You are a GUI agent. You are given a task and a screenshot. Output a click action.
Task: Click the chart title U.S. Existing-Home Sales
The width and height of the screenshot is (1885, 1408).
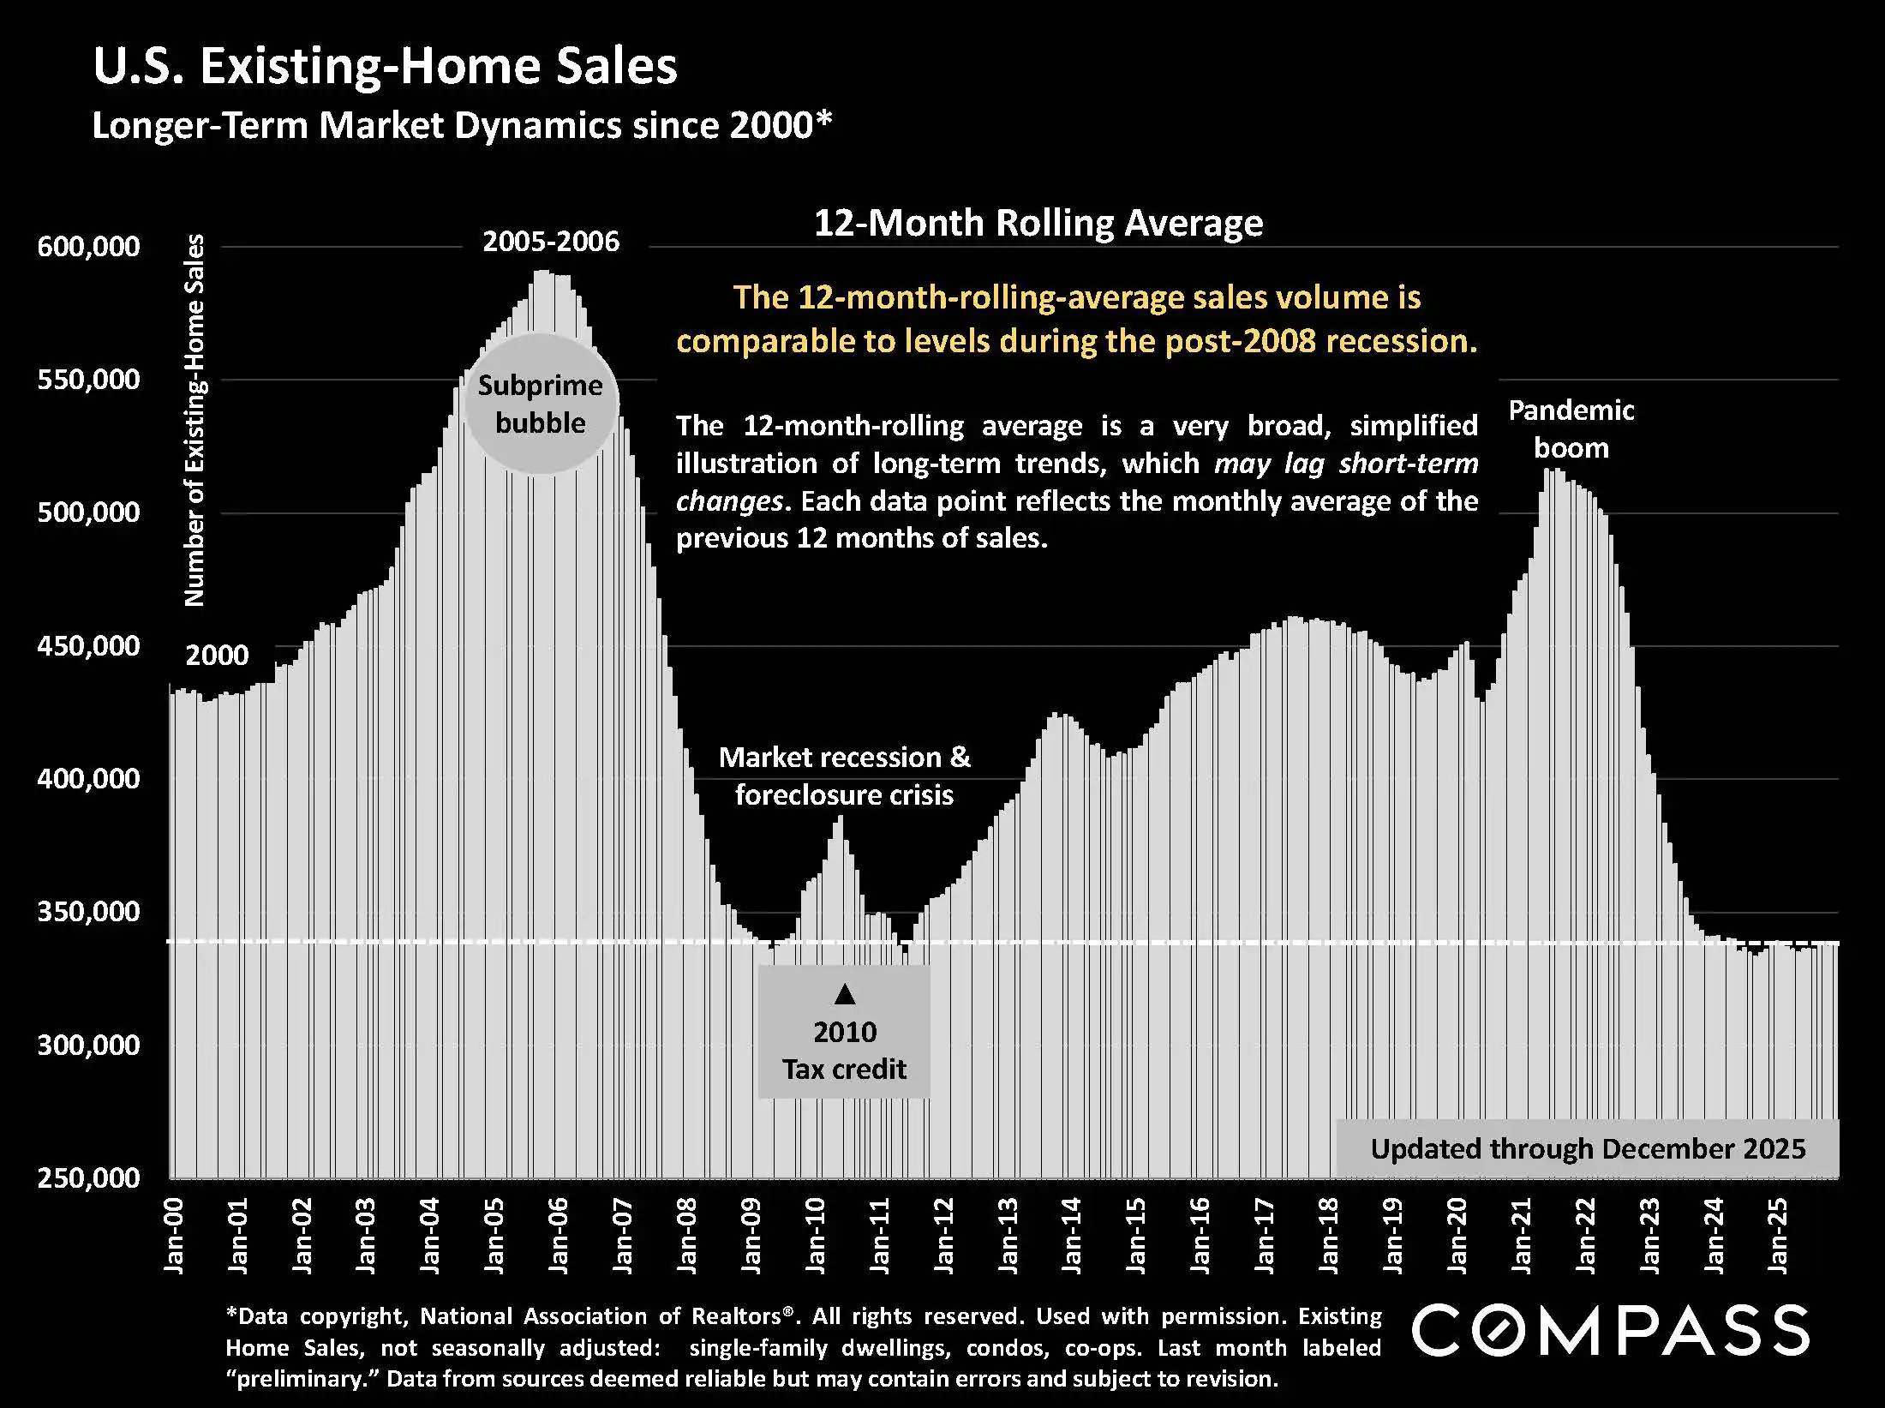(x=385, y=66)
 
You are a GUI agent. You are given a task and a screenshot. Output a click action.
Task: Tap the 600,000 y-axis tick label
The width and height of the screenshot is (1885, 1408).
(x=88, y=247)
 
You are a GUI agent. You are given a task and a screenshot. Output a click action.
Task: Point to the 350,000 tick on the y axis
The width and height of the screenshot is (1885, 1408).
(x=88, y=912)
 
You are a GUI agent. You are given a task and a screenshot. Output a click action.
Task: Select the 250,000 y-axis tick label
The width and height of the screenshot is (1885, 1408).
(x=88, y=1177)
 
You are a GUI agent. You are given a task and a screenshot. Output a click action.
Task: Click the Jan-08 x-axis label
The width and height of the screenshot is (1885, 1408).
(x=686, y=1235)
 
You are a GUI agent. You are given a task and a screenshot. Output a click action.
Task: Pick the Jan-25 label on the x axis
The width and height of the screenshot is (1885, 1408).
(x=1778, y=1235)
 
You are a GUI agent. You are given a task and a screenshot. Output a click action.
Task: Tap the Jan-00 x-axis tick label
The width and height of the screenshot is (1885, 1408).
(x=174, y=1235)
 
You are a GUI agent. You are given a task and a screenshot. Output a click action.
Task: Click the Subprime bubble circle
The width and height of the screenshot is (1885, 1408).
(x=541, y=404)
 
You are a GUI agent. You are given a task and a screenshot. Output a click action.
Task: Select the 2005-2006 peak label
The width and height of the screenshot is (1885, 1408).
(x=551, y=242)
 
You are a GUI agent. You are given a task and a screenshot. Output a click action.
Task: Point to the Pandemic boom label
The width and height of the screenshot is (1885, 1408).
(x=1571, y=428)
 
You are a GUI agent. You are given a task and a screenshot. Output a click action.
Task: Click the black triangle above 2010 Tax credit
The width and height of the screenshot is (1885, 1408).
(x=845, y=994)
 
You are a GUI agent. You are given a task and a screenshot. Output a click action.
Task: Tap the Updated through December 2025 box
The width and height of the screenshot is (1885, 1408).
(x=1588, y=1148)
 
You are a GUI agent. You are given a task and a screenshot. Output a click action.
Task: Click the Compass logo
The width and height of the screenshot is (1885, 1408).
(x=1611, y=1331)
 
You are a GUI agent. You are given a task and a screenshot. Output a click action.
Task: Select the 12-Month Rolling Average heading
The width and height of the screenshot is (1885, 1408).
(x=1038, y=223)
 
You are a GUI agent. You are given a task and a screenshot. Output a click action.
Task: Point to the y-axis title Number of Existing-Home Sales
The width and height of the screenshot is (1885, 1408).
(x=195, y=420)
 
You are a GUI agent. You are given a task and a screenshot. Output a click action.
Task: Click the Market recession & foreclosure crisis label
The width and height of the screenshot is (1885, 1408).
(x=844, y=776)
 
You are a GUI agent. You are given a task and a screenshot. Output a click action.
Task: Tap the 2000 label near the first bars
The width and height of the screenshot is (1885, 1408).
(x=217, y=656)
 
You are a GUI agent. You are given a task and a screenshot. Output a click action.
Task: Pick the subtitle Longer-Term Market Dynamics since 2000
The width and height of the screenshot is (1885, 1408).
(x=462, y=126)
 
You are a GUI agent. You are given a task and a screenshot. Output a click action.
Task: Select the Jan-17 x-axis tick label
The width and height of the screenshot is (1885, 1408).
(x=1265, y=1235)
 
